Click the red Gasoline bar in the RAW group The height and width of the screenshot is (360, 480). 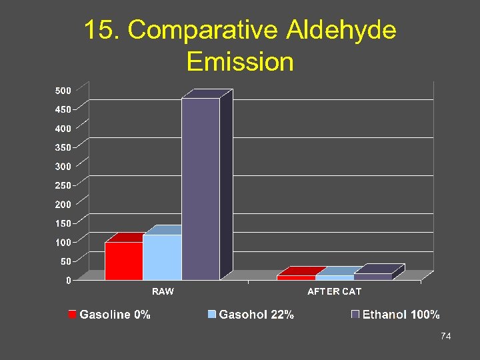click(124, 261)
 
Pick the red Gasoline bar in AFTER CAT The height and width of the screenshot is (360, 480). click(296, 277)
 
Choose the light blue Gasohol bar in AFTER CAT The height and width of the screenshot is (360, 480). click(335, 277)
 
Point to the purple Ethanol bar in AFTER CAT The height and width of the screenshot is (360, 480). click(373, 276)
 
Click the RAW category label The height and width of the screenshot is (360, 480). click(163, 291)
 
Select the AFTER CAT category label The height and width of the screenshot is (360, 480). click(334, 291)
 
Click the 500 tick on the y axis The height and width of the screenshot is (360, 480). click(63, 90)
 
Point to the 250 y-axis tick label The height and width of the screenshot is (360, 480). click(63, 185)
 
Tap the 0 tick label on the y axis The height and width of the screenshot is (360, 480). click(69, 281)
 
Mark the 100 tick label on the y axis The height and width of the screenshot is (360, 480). click(63, 242)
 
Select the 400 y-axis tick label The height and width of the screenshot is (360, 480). click(63, 128)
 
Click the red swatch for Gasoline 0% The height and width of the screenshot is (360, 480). click(72, 314)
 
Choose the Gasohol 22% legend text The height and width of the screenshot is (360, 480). click(257, 315)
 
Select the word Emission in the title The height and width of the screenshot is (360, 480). click(240, 61)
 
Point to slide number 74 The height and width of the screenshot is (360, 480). click(446, 337)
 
